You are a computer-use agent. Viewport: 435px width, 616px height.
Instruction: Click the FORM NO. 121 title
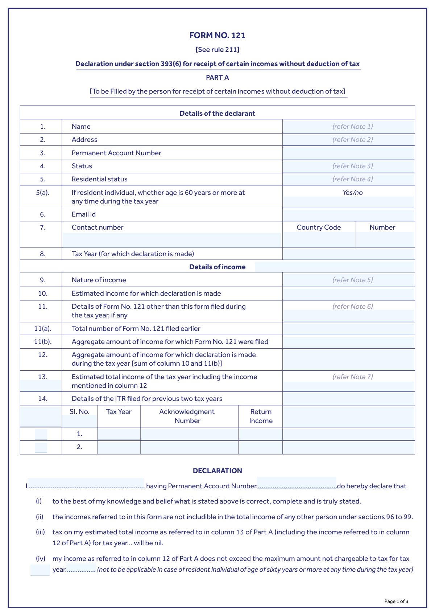(217, 35)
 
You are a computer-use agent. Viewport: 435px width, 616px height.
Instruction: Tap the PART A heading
(217, 77)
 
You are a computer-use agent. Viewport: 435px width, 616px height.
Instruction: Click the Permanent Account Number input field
(348, 153)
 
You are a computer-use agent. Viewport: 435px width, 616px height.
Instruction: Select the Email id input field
(348, 215)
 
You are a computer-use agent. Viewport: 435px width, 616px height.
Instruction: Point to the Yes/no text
(352, 193)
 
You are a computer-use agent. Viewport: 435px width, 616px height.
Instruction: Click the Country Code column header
(319, 227)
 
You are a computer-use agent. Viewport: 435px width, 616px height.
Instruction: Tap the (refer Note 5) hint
(352, 280)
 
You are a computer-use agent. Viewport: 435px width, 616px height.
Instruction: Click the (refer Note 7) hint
(352, 377)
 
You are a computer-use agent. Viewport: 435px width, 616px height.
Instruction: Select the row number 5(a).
(43, 193)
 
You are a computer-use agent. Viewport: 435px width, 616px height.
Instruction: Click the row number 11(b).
(43, 342)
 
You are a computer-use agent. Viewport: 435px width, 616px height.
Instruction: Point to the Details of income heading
(217, 267)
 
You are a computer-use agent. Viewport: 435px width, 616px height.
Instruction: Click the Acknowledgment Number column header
(187, 416)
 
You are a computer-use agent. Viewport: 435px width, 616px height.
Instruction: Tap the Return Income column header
(261, 416)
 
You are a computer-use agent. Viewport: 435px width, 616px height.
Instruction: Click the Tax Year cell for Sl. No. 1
(119, 434)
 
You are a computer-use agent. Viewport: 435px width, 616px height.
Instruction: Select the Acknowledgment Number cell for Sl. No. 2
(189, 447)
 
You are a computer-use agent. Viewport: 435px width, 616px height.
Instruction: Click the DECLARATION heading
(217, 471)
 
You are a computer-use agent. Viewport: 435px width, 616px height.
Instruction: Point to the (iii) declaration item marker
(40, 532)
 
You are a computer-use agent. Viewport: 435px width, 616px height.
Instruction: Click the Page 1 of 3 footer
(396, 601)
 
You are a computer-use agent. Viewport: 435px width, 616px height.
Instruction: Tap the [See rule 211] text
(217, 49)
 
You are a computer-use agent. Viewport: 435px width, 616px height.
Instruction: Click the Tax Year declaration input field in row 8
(348, 254)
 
